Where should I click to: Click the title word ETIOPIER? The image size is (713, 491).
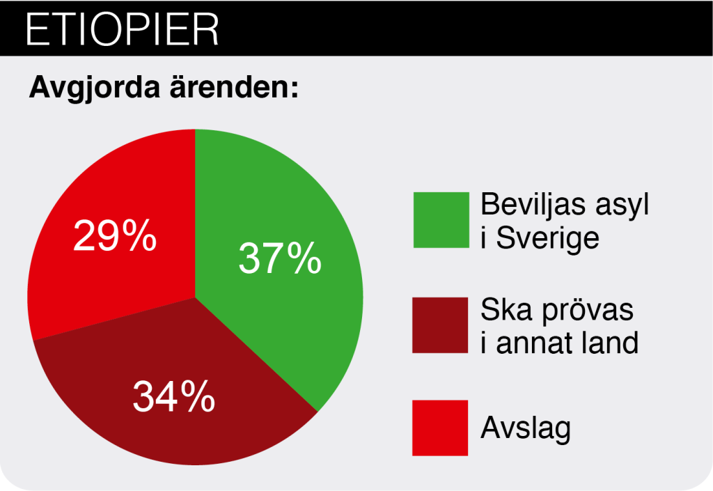(x=122, y=29)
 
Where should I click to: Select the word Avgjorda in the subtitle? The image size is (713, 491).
(x=95, y=87)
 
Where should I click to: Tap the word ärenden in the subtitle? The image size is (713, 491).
(x=234, y=86)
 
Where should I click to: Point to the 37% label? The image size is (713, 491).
(x=280, y=258)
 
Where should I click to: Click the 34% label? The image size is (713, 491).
(x=174, y=396)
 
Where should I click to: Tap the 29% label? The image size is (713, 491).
(x=115, y=235)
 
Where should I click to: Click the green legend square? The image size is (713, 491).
(x=441, y=220)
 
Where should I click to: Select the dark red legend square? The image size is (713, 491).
(x=440, y=325)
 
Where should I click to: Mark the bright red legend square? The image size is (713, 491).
(x=440, y=428)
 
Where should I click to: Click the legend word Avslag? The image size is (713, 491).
(x=526, y=428)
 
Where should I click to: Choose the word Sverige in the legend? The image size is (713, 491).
(x=547, y=238)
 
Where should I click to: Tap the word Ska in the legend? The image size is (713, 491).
(x=507, y=310)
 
